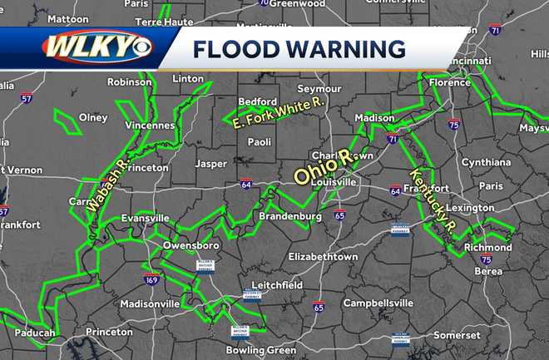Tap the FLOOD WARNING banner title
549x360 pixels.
[299, 49]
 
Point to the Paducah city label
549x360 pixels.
[35, 333]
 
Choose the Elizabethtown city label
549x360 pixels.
[323, 257]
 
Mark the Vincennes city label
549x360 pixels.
[151, 126]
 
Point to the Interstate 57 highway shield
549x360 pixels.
[27, 98]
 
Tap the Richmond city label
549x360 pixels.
[488, 247]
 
